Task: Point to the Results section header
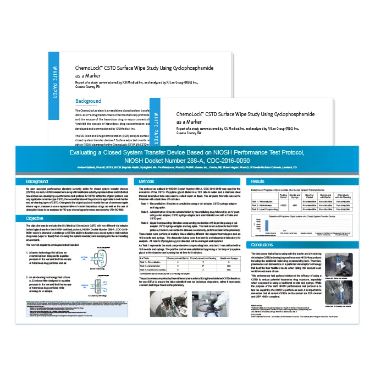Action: tap(257, 181)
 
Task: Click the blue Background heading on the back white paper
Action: tap(89, 101)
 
